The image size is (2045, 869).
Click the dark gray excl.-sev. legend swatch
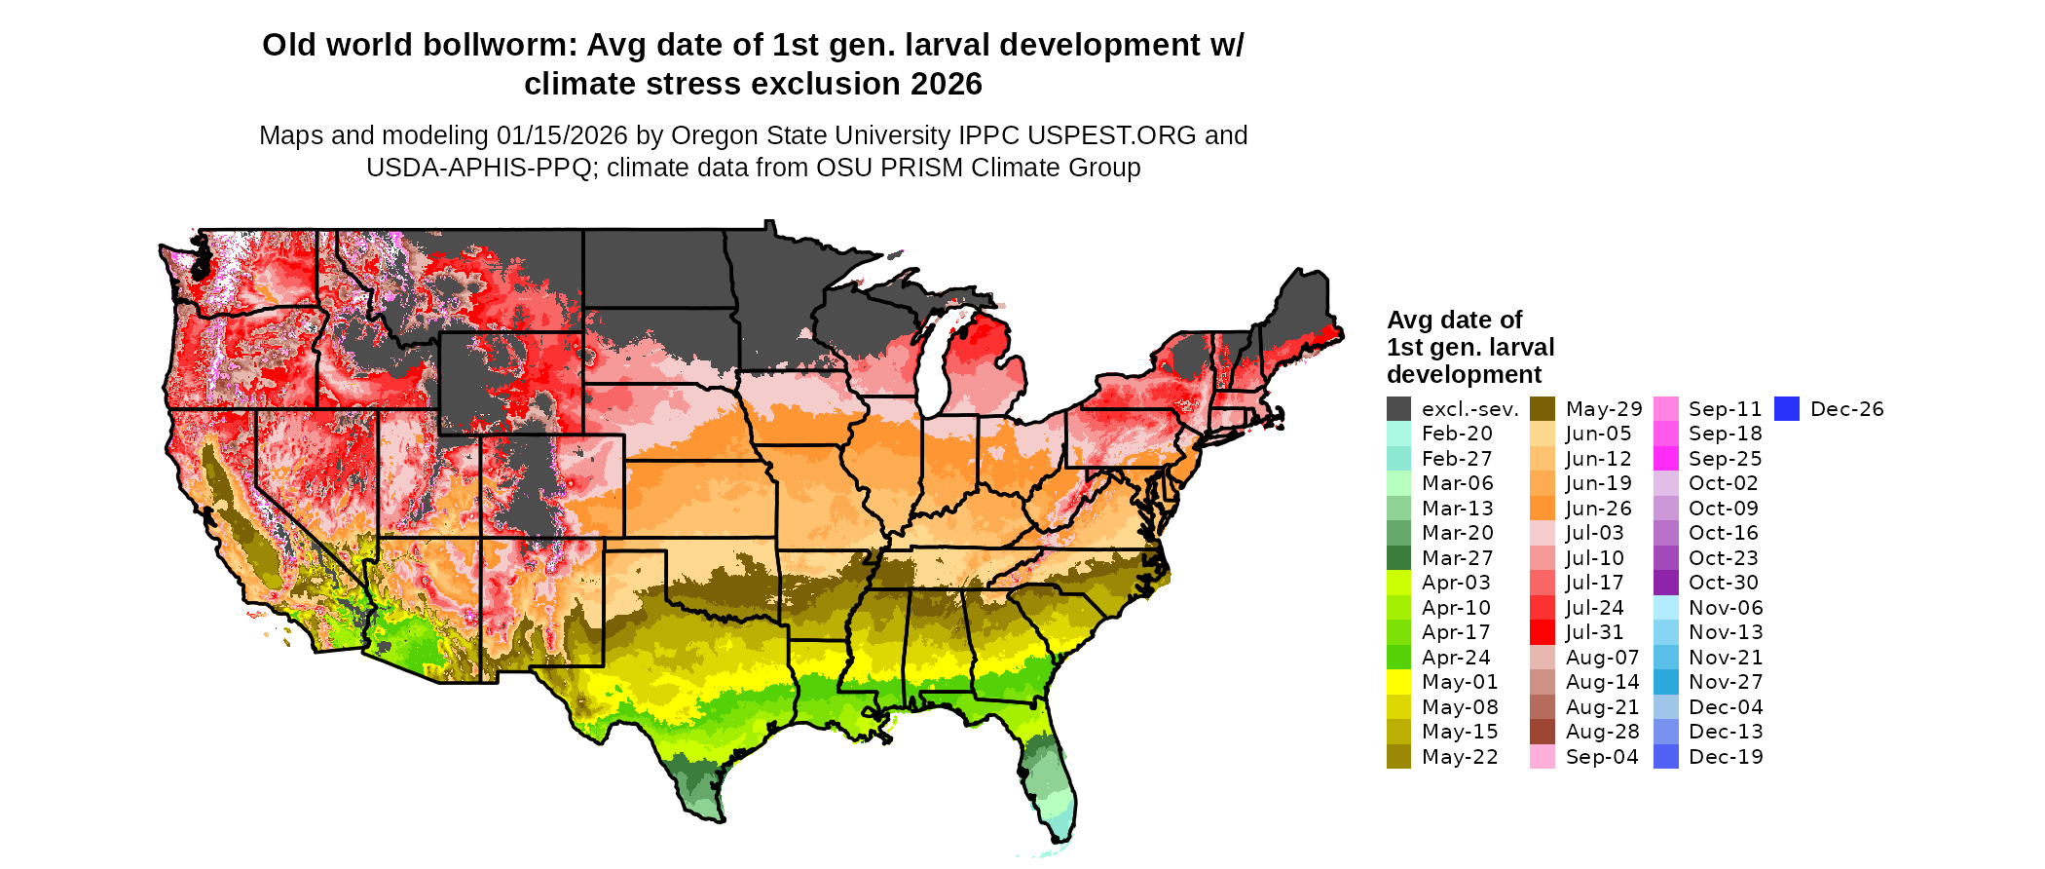tap(1398, 409)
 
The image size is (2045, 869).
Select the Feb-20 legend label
tap(1457, 434)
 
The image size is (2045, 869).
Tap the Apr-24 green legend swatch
tap(1398, 658)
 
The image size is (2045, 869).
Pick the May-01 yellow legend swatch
tap(1398, 682)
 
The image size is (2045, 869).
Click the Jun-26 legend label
tap(1598, 509)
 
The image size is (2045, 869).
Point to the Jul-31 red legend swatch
tap(1543, 632)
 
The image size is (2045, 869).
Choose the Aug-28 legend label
tap(1602, 732)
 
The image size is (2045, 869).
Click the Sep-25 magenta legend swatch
tap(1666, 459)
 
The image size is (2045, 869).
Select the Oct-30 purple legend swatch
tap(1666, 583)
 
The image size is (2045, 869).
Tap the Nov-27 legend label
tap(1726, 682)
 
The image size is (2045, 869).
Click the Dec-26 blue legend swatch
tap(1787, 409)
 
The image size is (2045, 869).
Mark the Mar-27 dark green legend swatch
tap(1398, 558)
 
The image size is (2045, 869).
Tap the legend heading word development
tap(1464, 375)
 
